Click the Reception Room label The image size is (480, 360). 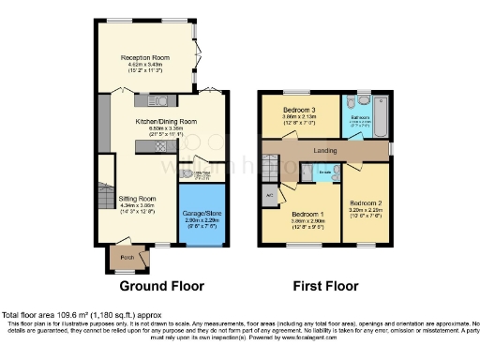coord(144,58)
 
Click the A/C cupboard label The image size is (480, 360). coord(269,196)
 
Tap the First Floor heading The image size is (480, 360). coord(325,285)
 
